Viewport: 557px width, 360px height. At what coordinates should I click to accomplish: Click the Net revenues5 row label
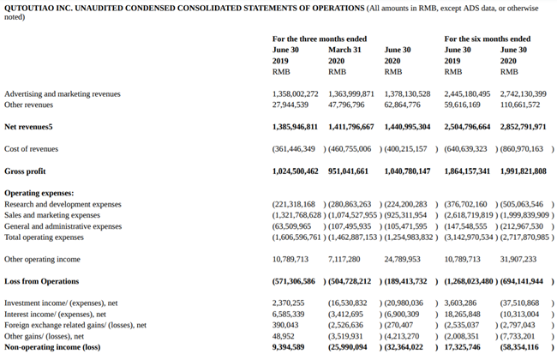pyautogui.click(x=28, y=126)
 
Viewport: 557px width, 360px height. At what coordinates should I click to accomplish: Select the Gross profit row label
pyautogui.click(x=25, y=171)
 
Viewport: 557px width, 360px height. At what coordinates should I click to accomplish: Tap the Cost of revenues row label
pyautogui.click(x=31, y=148)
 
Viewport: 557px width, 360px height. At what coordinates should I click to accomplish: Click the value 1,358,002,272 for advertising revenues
pyautogui.click(x=295, y=93)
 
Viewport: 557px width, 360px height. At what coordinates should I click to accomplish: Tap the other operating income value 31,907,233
pyautogui.click(x=518, y=258)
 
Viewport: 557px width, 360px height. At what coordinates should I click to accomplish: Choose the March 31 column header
pyautogui.click(x=344, y=51)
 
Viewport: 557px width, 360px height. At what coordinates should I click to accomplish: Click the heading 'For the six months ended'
pyautogui.click(x=487, y=39)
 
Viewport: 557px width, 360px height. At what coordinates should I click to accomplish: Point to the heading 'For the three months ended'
pyautogui.click(x=319, y=39)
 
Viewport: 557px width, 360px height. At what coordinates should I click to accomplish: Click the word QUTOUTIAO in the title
pyautogui.click(x=27, y=7)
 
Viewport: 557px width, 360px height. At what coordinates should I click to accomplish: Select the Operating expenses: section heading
pyautogui.click(x=39, y=194)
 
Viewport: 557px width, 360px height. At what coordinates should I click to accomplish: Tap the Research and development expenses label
pyautogui.click(x=63, y=204)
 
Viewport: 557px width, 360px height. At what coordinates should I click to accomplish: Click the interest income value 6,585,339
pyautogui.click(x=287, y=314)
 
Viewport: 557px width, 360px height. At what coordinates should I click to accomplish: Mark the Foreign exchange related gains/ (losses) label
pyautogui.click(x=75, y=325)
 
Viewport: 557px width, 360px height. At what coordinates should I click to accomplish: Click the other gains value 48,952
pyautogui.click(x=283, y=336)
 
